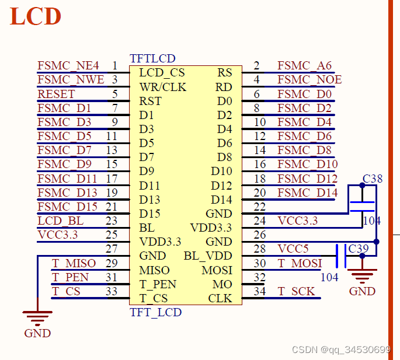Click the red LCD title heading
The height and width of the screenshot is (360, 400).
tap(36, 16)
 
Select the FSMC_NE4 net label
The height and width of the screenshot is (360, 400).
tap(68, 66)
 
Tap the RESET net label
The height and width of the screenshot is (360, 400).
tap(56, 94)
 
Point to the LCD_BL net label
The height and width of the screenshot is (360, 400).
tap(60, 221)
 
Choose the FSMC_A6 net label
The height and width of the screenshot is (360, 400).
tap(305, 66)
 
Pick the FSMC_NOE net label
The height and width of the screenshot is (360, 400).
tap(309, 80)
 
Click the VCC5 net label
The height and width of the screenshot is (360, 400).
tap(293, 249)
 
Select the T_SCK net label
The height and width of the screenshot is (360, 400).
tap(296, 291)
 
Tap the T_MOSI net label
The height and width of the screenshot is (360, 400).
tap(300, 264)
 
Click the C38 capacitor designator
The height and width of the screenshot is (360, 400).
tap(373, 179)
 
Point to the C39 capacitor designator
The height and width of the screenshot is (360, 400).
tap(359, 249)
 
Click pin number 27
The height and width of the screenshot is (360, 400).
tap(112, 249)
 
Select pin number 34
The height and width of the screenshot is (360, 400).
tap(260, 291)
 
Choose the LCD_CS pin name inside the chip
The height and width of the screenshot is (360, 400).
tap(162, 73)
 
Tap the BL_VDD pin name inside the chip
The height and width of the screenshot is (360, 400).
tap(208, 256)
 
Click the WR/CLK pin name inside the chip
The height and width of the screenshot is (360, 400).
tap(163, 87)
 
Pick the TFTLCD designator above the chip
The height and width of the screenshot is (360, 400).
tap(152, 59)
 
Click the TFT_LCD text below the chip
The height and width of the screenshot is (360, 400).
tap(155, 312)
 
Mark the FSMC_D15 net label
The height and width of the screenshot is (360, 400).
tap(68, 207)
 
